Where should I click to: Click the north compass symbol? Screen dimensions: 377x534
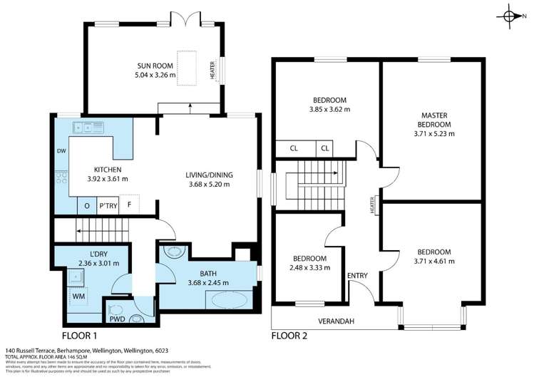click(x=510, y=16)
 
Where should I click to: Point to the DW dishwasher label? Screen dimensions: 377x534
click(x=61, y=151)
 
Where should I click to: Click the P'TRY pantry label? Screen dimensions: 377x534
click(x=108, y=205)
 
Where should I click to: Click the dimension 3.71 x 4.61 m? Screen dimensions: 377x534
click(x=435, y=261)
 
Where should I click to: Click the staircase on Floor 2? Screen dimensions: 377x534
click(x=310, y=182)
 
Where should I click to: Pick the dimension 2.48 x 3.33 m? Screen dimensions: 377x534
click(x=308, y=267)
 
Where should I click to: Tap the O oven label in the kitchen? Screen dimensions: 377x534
click(x=87, y=205)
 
